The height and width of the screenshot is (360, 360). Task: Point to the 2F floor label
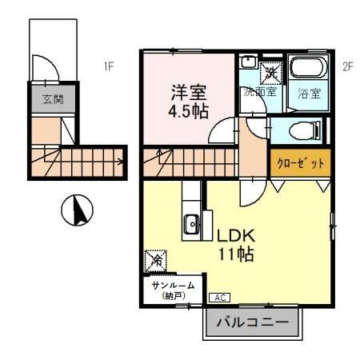pyautogui.click(x=346, y=67)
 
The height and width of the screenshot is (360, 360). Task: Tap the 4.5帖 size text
pyautogui.click(x=190, y=110)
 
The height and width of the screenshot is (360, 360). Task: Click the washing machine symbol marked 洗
pyautogui.click(x=271, y=70)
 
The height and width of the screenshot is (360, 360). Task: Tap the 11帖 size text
pyautogui.click(x=238, y=255)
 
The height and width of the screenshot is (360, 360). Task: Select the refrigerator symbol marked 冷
pyautogui.click(x=157, y=260)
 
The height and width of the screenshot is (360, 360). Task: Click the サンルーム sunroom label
pyautogui.click(x=170, y=286)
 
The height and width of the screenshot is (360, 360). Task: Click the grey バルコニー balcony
pyautogui.click(x=251, y=325)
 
